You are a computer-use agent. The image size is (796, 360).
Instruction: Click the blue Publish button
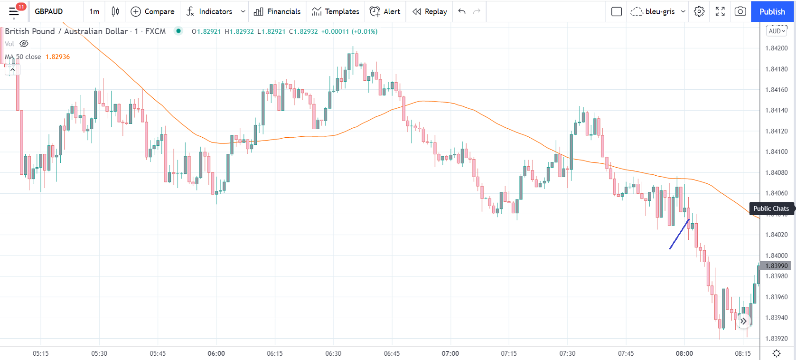tap(772, 11)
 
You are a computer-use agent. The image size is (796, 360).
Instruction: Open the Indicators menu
tap(209, 11)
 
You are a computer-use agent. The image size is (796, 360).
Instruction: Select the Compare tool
tap(152, 11)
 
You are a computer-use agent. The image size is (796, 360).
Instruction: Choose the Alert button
tap(385, 11)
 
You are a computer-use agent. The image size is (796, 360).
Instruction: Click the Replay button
tap(430, 11)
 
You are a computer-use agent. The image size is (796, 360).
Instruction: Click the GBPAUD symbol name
tap(48, 11)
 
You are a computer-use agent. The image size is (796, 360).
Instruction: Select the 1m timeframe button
tap(94, 11)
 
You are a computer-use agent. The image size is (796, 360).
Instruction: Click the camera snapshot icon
tap(740, 11)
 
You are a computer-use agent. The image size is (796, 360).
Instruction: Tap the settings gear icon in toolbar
tap(699, 11)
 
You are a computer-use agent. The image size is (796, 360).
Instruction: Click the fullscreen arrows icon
tap(720, 11)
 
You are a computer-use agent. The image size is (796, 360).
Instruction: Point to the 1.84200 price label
tap(776, 48)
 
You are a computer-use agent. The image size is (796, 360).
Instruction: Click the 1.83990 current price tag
tap(776, 266)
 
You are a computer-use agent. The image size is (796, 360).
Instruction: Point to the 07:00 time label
tap(450, 353)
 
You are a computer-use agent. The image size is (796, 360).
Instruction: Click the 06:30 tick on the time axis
tap(333, 353)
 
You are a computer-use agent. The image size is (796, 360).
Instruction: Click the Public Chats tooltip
tap(771, 208)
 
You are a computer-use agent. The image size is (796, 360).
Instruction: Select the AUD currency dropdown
tap(777, 31)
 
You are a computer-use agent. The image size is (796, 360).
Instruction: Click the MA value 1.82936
tap(57, 57)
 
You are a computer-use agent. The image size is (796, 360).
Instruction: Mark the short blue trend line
tap(679, 234)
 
